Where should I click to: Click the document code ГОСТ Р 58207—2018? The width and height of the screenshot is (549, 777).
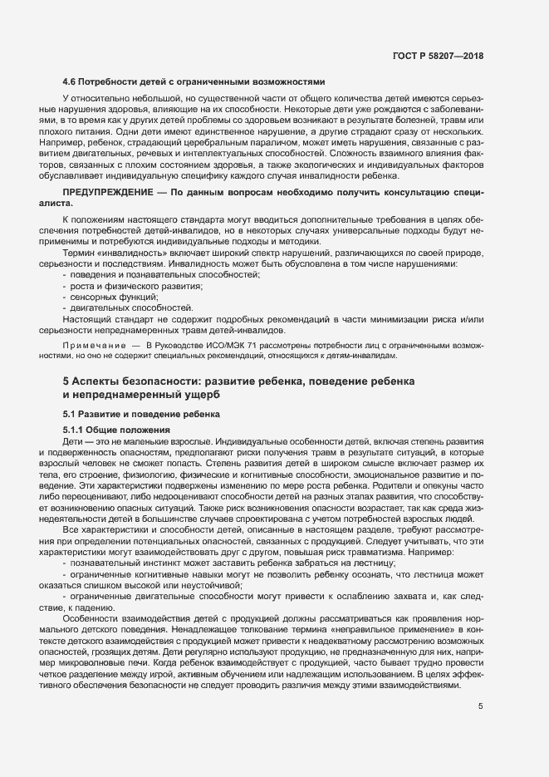(438, 57)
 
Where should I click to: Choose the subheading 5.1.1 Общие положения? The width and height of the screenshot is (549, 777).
(116, 429)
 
